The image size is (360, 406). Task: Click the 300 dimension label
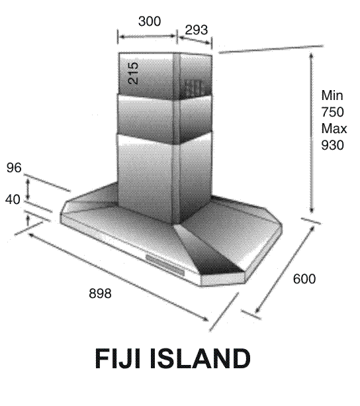coord(150,21)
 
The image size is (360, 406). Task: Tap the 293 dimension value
coord(197,30)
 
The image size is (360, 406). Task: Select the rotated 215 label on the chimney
coord(133,73)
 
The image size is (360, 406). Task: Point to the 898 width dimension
coord(100,293)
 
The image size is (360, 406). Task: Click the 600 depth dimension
coord(304,279)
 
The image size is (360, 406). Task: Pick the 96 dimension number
coord(14,168)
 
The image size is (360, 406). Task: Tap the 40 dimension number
coord(13,199)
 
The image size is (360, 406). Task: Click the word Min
coord(332,95)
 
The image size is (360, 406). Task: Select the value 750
coord(333,112)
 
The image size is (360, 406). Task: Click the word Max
coord(334,128)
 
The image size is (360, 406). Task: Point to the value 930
coord(333,145)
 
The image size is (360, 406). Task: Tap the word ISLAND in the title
coord(201,358)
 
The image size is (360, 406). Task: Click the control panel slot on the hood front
coord(165,265)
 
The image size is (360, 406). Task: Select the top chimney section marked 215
coord(165,76)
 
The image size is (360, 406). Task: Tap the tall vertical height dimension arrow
coord(312,133)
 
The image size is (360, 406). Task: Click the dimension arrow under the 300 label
coord(148,36)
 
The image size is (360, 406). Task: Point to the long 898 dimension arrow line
coord(118,277)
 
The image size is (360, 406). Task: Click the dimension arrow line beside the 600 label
coord(285,270)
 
